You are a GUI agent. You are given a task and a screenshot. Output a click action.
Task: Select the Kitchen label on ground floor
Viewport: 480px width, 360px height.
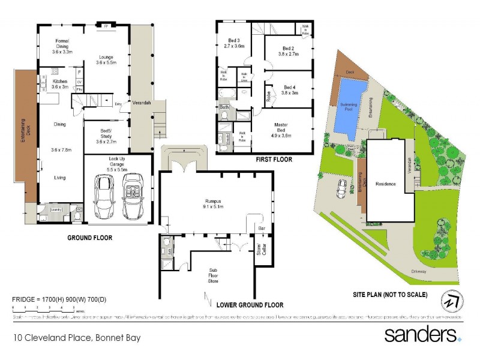(x=59, y=84)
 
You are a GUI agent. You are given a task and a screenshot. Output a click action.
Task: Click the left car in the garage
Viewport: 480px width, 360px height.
(x=104, y=196)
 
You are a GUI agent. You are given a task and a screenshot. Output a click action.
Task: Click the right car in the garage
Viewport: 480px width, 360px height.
(x=133, y=196)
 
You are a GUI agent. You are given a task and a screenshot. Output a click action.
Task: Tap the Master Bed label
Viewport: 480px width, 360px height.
(x=282, y=129)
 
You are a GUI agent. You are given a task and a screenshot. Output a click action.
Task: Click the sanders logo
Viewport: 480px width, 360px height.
(x=422, y=334)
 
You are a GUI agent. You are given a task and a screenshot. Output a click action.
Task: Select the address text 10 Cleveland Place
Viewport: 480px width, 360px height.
(x=77, y=338)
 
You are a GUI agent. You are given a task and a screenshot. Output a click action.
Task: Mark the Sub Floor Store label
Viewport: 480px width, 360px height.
(x=213, y=275)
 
